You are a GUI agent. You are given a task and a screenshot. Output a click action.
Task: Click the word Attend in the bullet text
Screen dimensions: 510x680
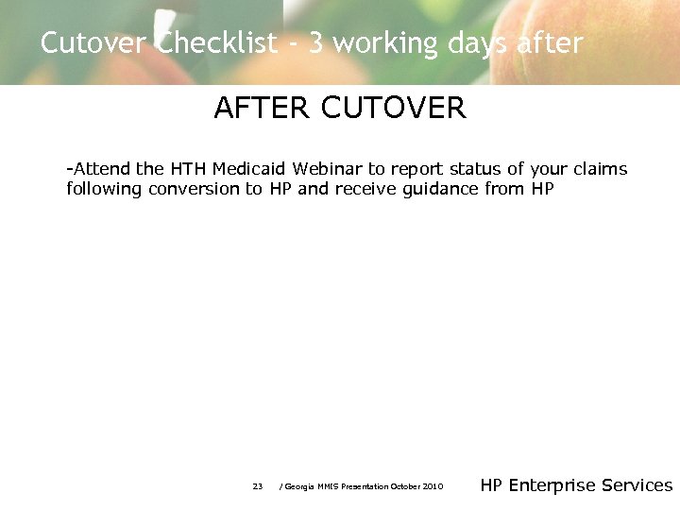coord(102,169)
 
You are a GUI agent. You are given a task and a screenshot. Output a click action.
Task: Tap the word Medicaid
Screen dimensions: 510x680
coord(249,169)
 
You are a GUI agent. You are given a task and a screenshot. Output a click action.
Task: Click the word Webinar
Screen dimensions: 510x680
coord(328,169)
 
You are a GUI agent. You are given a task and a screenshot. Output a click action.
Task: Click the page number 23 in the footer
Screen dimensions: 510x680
coord(258,486)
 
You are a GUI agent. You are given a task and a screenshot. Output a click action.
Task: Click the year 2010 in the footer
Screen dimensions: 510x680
coord(433,486)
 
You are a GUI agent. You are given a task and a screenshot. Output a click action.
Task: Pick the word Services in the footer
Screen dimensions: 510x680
coord(637,485)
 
